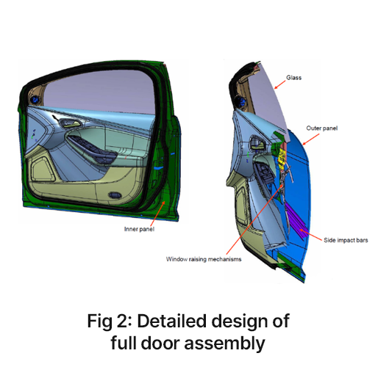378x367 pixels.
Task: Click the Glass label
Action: coord(293,78)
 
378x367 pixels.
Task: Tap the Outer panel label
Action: coord(321,128)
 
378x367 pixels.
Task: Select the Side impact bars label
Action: coord(346,240)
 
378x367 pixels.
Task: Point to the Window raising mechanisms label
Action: coord(204,259)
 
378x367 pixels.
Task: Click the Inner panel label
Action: coord(139,229)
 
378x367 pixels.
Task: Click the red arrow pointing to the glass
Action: coord(280,84)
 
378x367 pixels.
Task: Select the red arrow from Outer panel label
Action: coord(310,139)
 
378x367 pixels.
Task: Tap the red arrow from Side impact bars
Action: coord(310,235)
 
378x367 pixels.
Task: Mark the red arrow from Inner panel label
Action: coord(157,214)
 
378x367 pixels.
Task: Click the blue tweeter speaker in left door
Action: coord(35,99)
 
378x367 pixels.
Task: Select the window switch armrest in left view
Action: coord(93,149)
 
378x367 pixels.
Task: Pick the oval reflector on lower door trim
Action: coord(115,195)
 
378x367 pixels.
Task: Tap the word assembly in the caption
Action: coord(224,344)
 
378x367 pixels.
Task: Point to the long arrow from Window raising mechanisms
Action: coord(254,219)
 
